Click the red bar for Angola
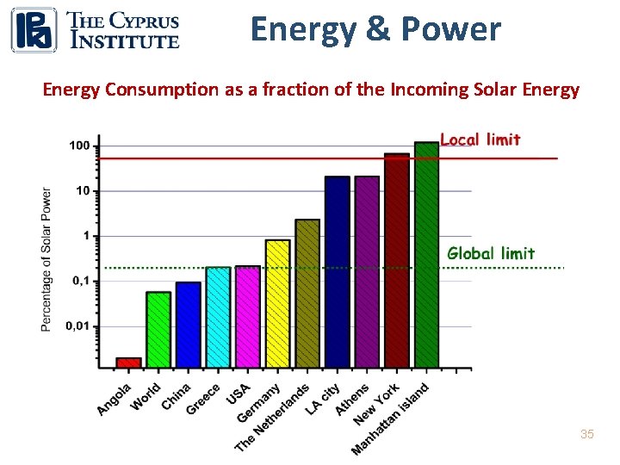pyautogui.click(x=128, y=363)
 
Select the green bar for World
pyautogui.click(x=158, y=330)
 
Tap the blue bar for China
pyautogui.click(x=189, y=325)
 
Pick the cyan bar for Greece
pyautogui.click(x=218, y=317)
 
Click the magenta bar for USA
pyautogui.click(x=248, y=317)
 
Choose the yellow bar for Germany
pyautogui.click(x=277, y=303)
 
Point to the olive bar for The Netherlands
pyautogui.click(x=307, y=293)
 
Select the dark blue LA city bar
pyautogui.click(x=338, y=271)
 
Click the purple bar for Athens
pyautogui.click(x=367, y=271)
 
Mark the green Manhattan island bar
pyautogui.click(x=426, y=255)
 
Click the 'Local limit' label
pyautogui.click(x=480, y=139)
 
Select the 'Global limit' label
pyautogui.click(x=491, y=253)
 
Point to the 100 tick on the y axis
pyautogui.click(x=79, y=146)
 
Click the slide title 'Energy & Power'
pyautogui.click(x=375, y=29)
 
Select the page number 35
pyautogui.click(x=587, y=435)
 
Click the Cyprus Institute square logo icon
pyautogui.click(x=34, y=29)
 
